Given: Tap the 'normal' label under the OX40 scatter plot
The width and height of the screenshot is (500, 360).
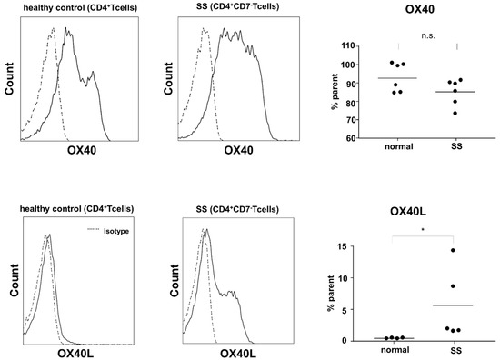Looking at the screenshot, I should pos(397,146).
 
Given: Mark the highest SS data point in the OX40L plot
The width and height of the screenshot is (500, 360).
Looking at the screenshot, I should pos(452,250).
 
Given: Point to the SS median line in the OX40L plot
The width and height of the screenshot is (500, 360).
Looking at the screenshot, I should pos(460,305).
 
